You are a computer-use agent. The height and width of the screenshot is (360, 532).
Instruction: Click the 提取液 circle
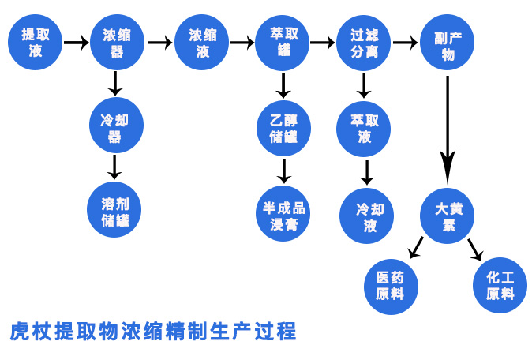point(36,43)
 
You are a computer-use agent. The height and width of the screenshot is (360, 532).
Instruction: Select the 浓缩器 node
point(117,43)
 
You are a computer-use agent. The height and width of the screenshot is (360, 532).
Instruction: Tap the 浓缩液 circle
point(201,43)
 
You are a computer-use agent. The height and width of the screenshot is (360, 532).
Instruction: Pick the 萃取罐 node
point(283,43)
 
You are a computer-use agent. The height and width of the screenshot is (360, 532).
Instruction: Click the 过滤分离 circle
point(363,43)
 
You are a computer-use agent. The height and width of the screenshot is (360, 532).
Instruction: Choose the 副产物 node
point(448,43)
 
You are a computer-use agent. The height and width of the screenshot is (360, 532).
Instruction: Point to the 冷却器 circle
point(116,126)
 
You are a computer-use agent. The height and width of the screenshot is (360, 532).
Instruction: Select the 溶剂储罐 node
point(114,210)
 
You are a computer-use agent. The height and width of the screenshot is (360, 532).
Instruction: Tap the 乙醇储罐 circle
point(283,129)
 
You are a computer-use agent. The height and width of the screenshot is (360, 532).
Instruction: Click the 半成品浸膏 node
point(283,214)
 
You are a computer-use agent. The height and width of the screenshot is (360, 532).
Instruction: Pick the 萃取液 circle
point(363,129)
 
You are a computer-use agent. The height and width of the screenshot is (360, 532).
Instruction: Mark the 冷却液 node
point(367,216)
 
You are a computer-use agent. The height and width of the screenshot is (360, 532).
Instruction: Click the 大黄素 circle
point(448,216)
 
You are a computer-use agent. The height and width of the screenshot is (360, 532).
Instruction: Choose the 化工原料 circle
point(500,285)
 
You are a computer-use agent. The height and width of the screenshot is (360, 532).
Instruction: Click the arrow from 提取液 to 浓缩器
point(77,43)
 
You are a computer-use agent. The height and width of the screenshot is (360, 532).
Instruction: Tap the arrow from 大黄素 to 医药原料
point(416,247)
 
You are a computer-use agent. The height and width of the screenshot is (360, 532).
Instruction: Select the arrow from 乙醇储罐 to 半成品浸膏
point(284,171)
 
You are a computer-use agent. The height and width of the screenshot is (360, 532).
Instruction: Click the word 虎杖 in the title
point(31,332)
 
